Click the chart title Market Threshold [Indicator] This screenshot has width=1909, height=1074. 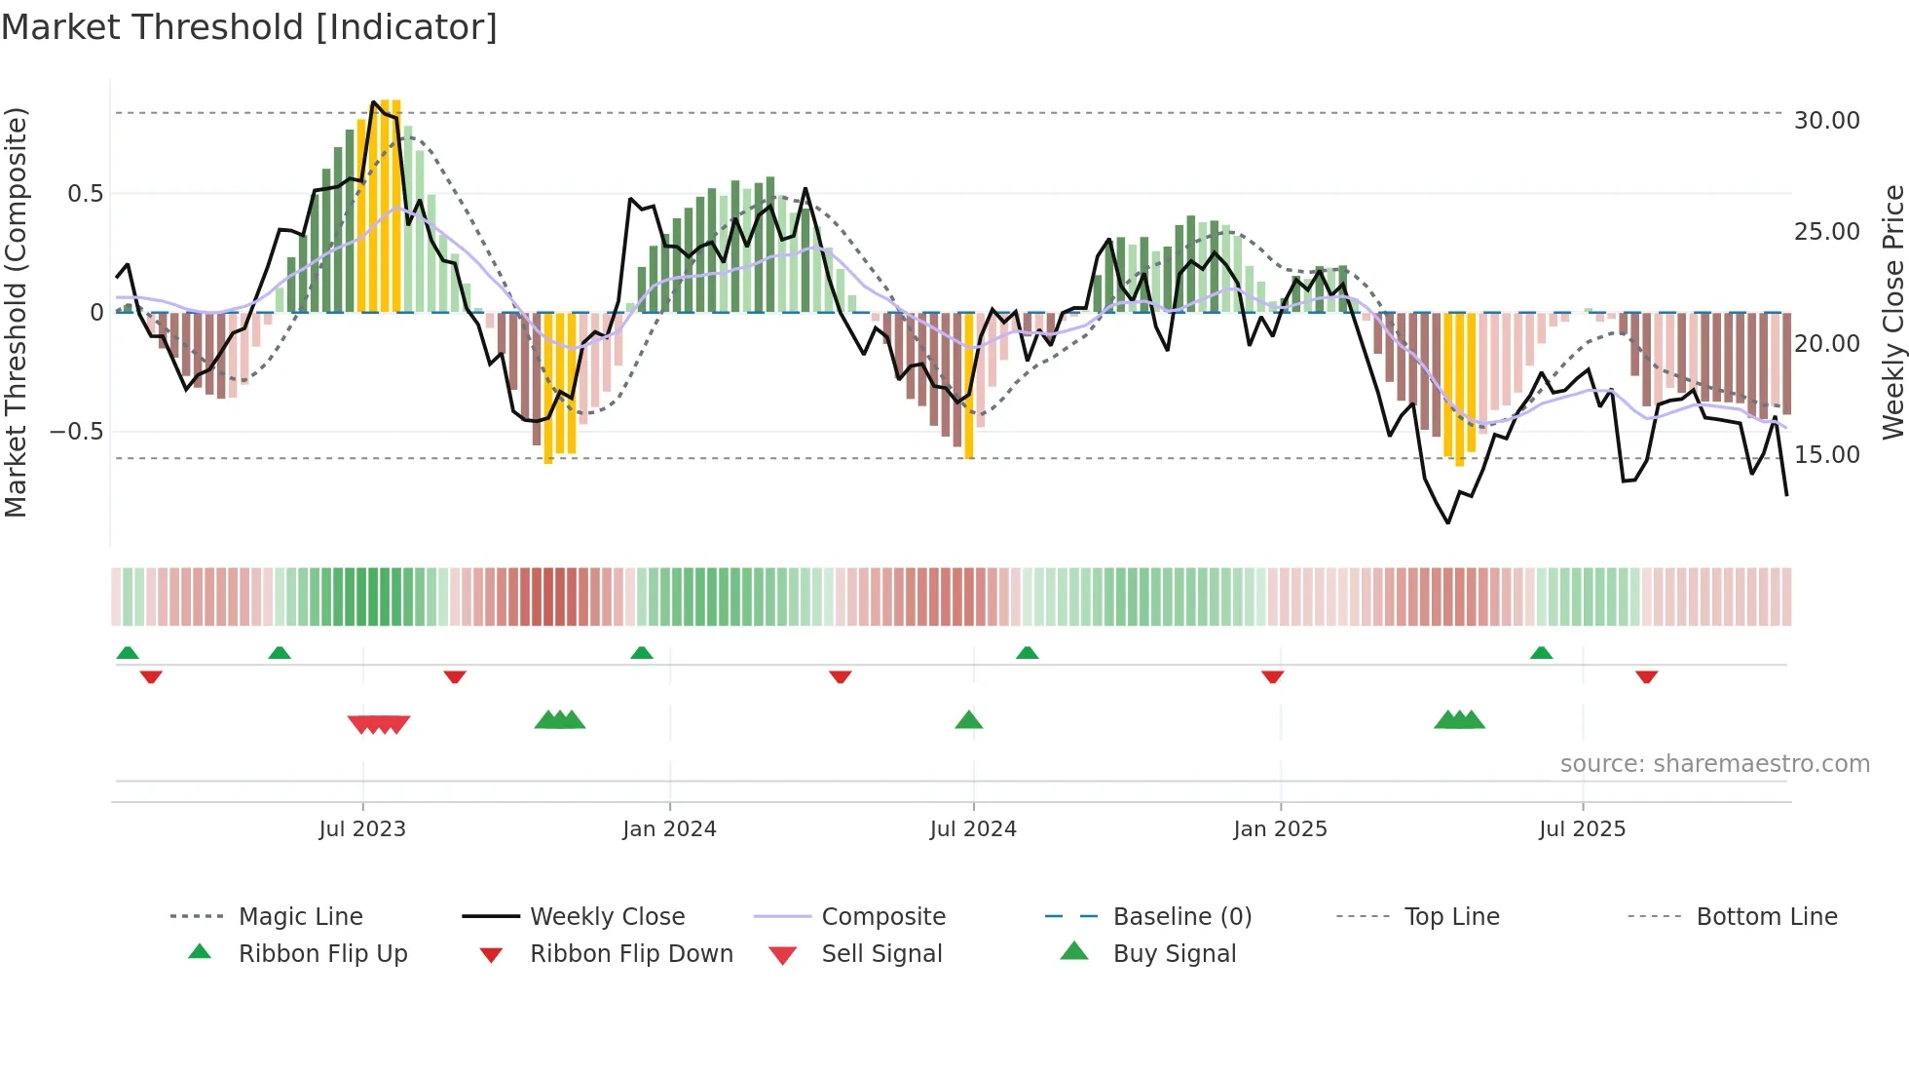pos(249,27)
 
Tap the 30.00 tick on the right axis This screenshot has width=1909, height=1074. pos(1826,121)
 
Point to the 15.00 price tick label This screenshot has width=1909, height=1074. pos(1826,455)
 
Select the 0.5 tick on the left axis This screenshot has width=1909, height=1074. pos(85,194)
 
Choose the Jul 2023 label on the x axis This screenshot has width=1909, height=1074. pos(362,829)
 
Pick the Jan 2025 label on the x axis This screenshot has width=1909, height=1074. pos(1280,829)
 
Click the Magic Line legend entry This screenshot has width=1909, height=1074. pos(300,917)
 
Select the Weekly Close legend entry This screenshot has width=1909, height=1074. pos(607,917)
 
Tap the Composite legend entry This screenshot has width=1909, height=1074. pos(883,917)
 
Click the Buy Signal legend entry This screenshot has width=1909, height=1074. pos(1174,954)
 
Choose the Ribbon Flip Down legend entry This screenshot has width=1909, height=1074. pos(631,954)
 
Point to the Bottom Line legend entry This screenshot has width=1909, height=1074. pos(1766,917)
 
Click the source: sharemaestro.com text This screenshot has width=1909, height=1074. pos(1714,764)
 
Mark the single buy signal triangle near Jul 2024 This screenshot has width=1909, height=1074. pos(968,721)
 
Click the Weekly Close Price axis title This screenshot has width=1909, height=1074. pos(1891,312)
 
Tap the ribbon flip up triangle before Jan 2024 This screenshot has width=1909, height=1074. pos(641,653)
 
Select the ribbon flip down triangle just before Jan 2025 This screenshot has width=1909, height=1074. pos(1272,676)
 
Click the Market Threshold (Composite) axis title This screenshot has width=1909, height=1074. pos(16,312)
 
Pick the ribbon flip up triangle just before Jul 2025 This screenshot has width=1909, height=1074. pos(1541,653)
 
